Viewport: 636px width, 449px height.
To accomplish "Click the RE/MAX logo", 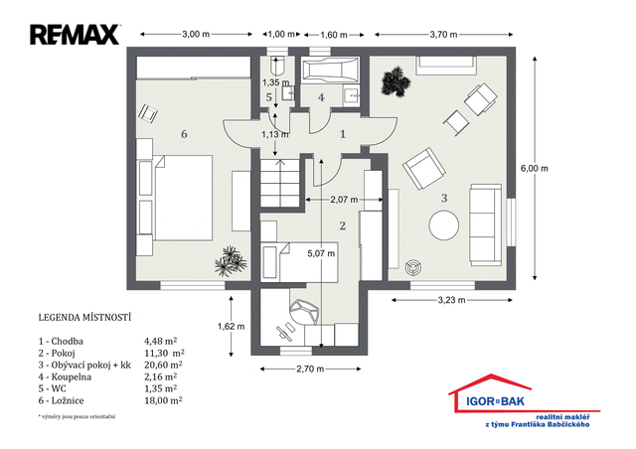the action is (76, 35).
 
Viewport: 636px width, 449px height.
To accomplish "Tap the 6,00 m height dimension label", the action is (535, 168).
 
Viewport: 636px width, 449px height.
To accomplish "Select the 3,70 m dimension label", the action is (444, 35).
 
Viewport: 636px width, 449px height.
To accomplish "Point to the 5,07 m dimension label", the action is (321, 253).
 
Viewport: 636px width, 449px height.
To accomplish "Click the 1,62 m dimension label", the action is (232, 326).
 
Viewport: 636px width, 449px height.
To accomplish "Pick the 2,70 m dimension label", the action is (310, 369).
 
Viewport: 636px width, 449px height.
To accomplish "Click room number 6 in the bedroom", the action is (184, 134).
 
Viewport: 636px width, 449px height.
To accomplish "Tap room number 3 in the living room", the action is (444, 198).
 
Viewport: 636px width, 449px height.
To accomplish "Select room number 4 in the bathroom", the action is (321, 97).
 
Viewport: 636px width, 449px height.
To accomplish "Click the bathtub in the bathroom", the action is (331, 71).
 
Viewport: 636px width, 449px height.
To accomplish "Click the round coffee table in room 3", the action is (444, 225).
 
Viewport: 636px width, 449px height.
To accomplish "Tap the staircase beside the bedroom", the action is (280, 183).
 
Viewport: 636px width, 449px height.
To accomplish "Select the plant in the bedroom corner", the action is (231, 261).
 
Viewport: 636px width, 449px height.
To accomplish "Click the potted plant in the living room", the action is (396, 81).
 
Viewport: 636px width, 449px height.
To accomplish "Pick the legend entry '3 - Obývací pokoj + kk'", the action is (84, 365).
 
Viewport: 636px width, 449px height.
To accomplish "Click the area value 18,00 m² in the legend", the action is (163, 400).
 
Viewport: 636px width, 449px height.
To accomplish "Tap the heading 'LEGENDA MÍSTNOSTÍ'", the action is (84, 317).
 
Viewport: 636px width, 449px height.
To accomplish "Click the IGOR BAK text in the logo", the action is (495, 401).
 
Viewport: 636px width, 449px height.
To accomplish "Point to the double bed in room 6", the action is (183, 198).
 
